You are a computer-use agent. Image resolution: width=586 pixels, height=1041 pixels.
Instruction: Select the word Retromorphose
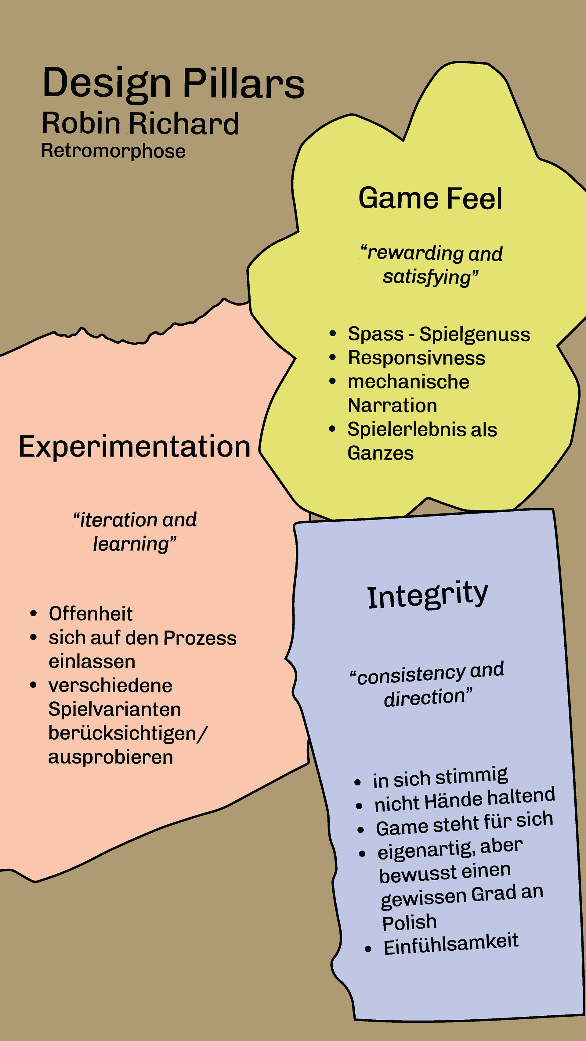[x=113, y=151]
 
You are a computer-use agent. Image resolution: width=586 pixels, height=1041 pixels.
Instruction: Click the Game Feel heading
[x=430, y=199]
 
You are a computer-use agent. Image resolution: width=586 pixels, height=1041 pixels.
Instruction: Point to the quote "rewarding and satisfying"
[x=431, y=265]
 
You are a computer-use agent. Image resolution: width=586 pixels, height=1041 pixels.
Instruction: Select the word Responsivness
[x=417, y=358]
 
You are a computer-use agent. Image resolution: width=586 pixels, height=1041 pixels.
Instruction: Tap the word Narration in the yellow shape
[x=392, y=405]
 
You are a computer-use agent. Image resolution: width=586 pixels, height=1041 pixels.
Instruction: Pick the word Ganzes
[x=381, y=453]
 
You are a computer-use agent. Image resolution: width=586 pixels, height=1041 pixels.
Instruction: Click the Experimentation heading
[x=135, y=447]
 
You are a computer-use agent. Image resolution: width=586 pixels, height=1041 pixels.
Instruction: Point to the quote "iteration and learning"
[x=135, y=531]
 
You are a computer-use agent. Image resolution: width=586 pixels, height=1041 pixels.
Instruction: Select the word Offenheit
[x=91, y=614]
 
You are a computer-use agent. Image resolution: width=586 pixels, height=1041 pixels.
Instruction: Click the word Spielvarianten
[x=114, y=709]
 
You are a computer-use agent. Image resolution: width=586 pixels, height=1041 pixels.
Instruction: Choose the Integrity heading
[x=428, y=595]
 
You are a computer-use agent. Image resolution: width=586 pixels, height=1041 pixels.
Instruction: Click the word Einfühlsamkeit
[x=450, y=945]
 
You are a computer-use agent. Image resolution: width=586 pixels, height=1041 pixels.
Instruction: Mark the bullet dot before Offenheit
[x=34, y=614]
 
